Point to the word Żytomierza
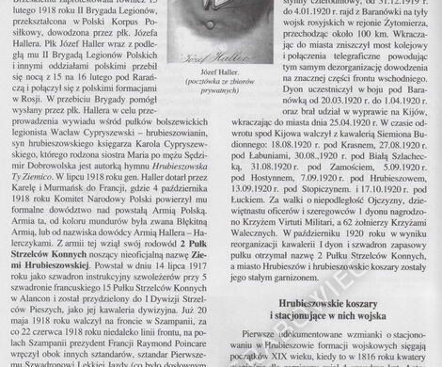click(386, 30)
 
